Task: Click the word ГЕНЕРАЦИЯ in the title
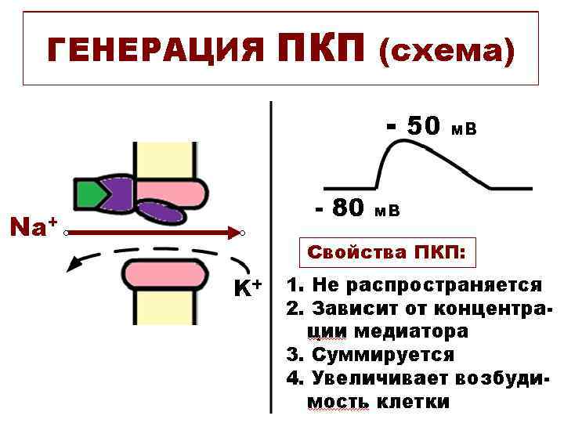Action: click(154, 52)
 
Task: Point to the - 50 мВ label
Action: click(432, 126)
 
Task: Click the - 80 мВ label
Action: click(356, 208)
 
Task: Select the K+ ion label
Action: click(248, 288)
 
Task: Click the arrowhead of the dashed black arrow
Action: click(74, 265)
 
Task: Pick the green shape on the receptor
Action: click(89, 192)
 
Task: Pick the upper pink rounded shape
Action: click(175, 190)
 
